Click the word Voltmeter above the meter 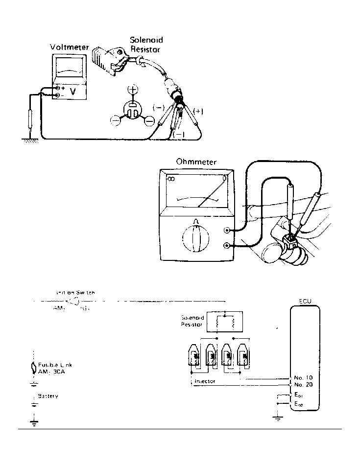70,47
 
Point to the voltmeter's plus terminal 58,88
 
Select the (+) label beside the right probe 198,111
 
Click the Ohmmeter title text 196,162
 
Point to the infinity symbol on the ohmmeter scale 171,179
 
